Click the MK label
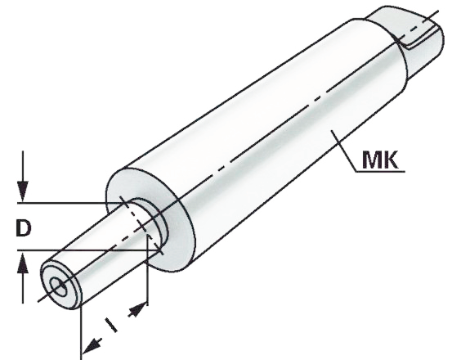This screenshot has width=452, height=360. click(380, 160)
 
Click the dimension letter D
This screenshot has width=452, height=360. click(24, 227)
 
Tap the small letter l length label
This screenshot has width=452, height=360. click(111, 325)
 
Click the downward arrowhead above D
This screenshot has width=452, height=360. click(23, 191)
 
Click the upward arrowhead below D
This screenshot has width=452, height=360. click(23, 263)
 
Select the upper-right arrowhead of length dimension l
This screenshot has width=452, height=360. click(137, 309)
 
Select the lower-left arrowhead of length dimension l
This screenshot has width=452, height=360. click(92, 345)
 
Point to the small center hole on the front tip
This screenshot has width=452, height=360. click(59, 286)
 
